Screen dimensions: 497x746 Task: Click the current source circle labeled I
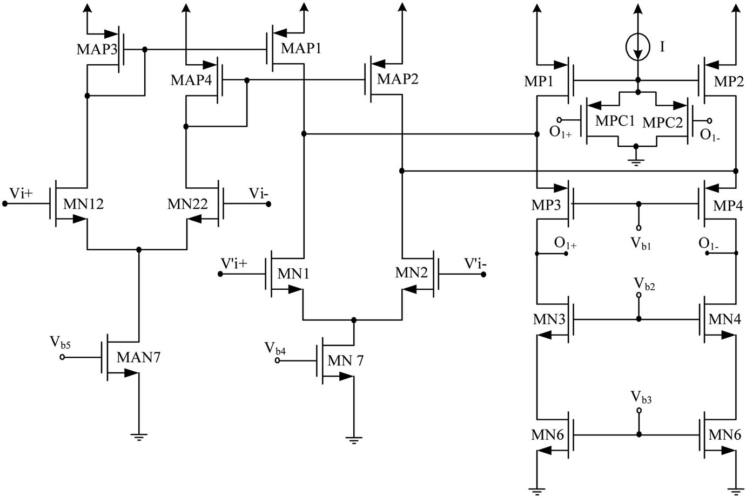pyautogui.click(x=638, y=47)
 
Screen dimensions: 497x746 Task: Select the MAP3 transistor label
pyautogui.click(x=97, y=49)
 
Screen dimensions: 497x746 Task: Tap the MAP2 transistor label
pyautogui.click(x=398, y=79)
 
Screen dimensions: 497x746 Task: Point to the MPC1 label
pyautogui.click(x=615, y=121)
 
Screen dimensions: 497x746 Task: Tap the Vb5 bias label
pyautogui.click(x=61, y=342)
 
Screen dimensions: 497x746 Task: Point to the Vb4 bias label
pyautogui.click(x=275, y=348)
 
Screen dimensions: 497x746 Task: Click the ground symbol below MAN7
pyautogui.click(x=139, y=437)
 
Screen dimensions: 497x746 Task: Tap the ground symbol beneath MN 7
pyautogui.click(x=354, y=439)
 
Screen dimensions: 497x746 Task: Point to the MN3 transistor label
pyautogui.click(x=549, y=319)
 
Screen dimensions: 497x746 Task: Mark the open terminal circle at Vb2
pyautogui.click(x=639, y=295)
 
